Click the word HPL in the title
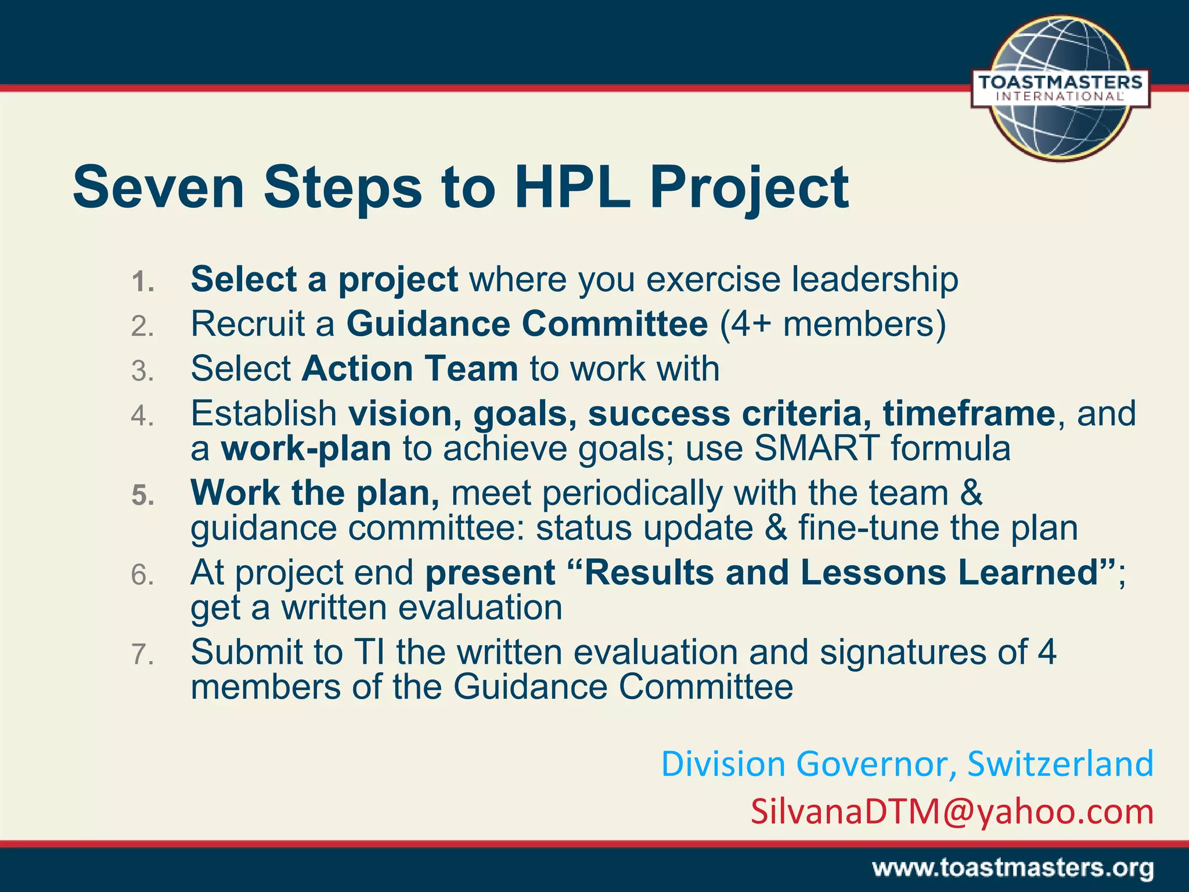(x=572, y=187)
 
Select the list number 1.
(x=142, y=282)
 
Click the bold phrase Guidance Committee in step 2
(x=527, y=323)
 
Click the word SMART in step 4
(x=816, y=448)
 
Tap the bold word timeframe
(x=968, y=413)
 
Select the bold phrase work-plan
(x=306, y=448)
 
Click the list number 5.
(x=142, y=495)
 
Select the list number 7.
(x=142, y=654)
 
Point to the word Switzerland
(x=1060, y=764)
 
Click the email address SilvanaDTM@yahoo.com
(x=952, y=811)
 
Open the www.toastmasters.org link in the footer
(x=1013, y=869)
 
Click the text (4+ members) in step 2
(x=833, y=323)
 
